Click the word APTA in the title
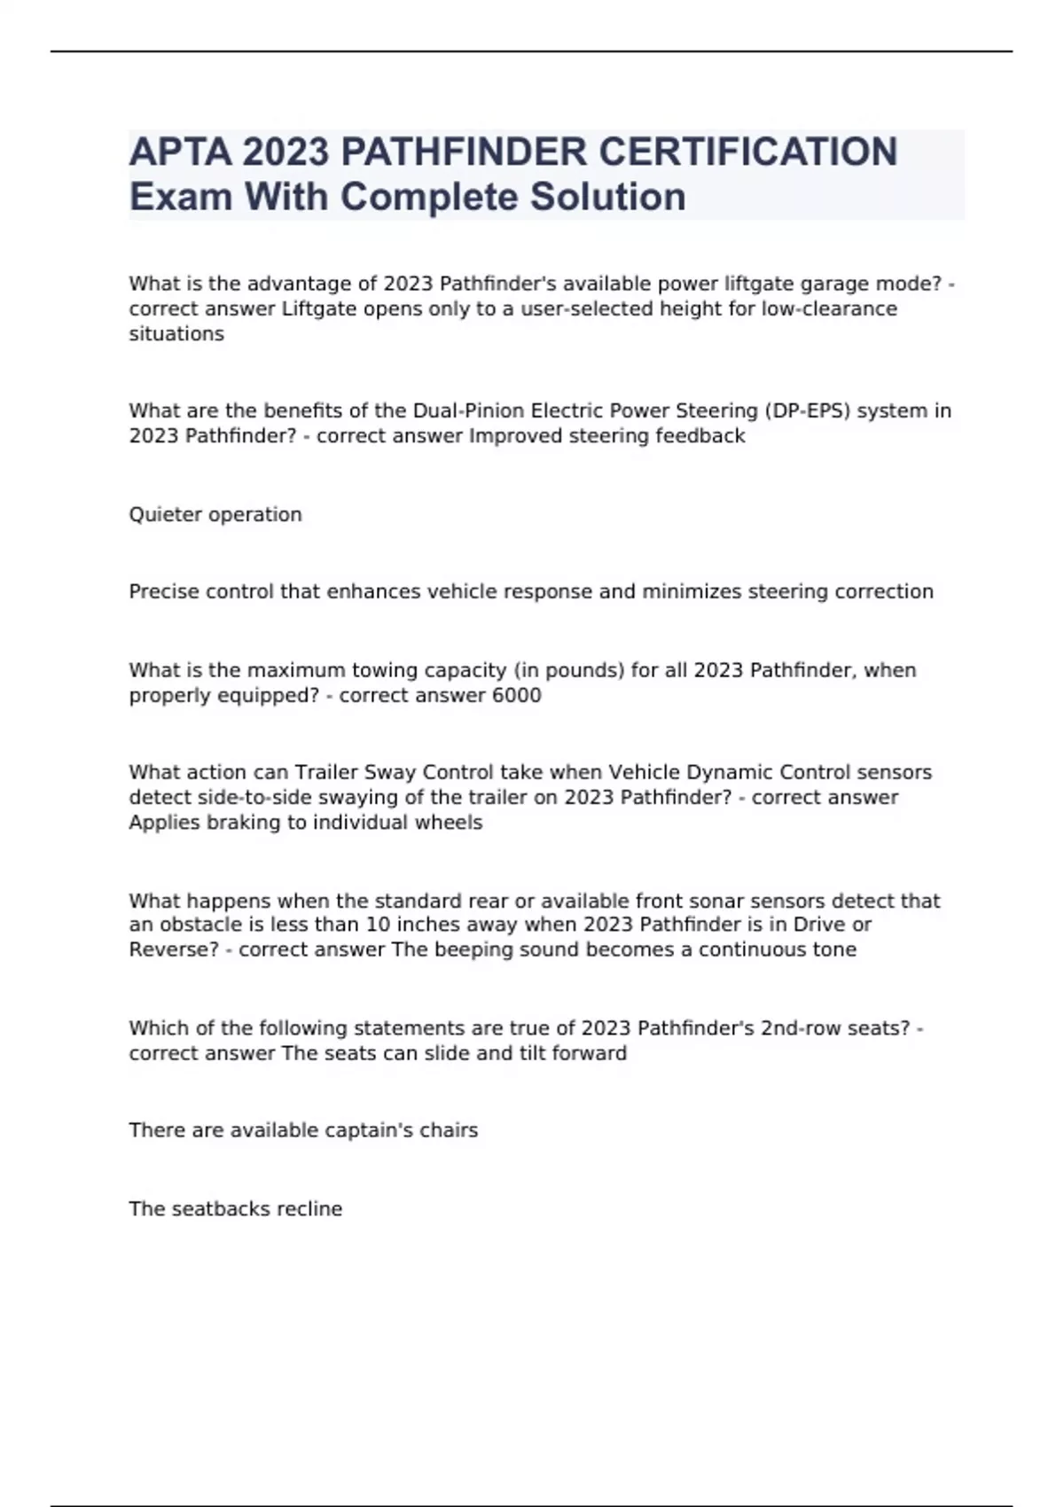point(180,152)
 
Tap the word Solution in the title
point(607,197)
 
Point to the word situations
point(176,334)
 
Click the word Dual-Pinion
point(468,411)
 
